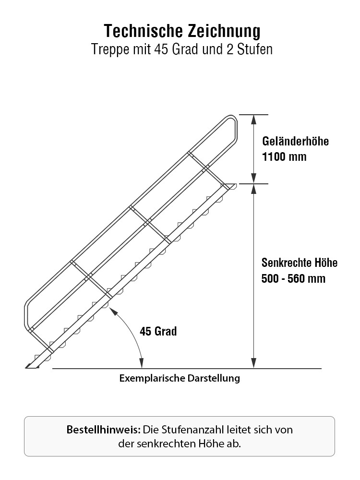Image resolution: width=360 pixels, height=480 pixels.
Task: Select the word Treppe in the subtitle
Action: [110, 50]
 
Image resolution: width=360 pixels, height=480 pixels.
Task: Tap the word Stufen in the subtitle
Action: [255, 49]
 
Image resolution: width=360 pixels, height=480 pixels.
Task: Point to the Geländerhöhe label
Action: [295, 141]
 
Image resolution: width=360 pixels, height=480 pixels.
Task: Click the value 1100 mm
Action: [284, 157]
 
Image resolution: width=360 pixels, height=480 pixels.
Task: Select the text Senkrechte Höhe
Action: [300, 263]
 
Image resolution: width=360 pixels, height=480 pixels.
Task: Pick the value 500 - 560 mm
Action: [293, 278]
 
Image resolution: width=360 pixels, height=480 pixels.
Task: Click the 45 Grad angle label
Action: [158, 331]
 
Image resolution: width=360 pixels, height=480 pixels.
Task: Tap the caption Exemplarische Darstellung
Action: [180, 378]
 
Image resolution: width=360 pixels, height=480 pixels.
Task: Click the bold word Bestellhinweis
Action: [104, 430]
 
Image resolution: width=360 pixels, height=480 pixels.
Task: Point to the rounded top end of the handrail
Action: [233, 118]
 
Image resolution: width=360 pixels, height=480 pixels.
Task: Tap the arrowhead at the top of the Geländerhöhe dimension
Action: [254, 120]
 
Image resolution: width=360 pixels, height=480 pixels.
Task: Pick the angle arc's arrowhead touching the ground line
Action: [142, 364]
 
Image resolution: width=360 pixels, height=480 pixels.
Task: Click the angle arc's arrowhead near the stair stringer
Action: [113, 311]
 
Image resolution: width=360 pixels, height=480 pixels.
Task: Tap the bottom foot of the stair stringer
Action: [31, 366]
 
